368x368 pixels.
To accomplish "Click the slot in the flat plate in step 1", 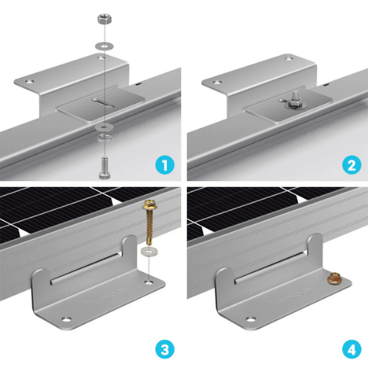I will (x=101, y=103).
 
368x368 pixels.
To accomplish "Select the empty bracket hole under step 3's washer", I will (x=151, y=280).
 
